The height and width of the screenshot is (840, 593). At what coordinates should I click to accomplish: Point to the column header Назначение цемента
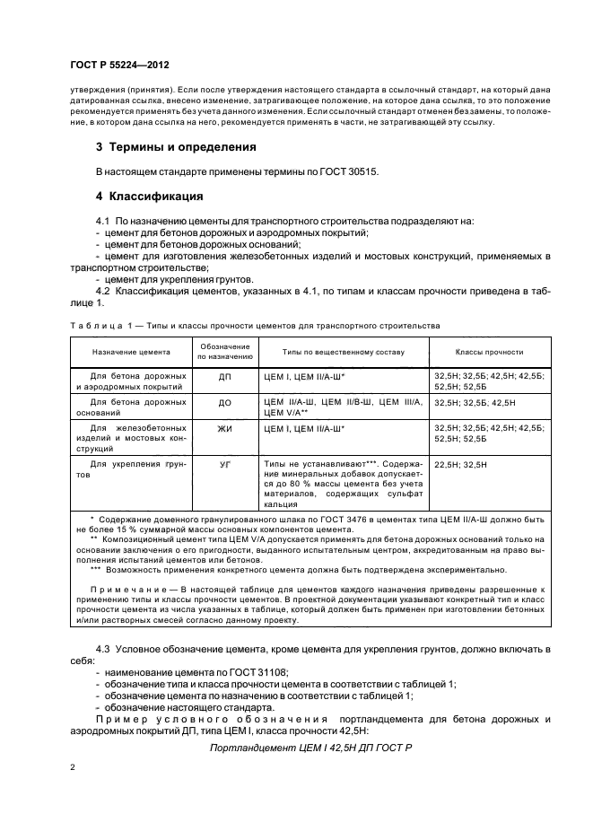126,352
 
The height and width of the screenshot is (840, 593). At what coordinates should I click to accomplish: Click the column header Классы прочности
490,352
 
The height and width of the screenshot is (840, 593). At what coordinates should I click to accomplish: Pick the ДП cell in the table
224,378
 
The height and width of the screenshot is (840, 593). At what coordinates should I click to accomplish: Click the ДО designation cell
224,404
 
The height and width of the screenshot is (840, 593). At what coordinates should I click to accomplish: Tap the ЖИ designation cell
224,430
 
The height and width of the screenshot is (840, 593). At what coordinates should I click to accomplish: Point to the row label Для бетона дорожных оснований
126,408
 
